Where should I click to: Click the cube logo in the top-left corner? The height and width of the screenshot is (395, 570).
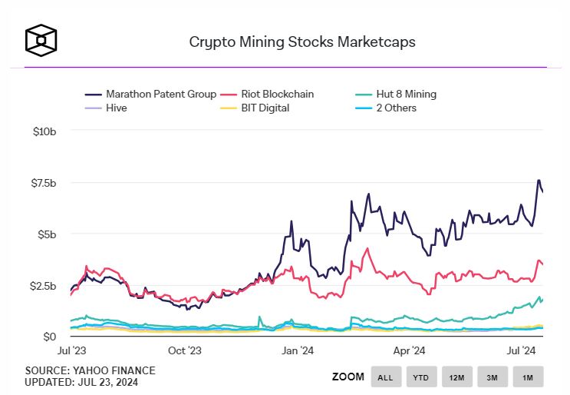tap(41, 40)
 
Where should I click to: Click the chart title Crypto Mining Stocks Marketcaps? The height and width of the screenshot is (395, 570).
tap(302, 41)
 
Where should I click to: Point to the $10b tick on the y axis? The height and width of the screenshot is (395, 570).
tap(44, 131)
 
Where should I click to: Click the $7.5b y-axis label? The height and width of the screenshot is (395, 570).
tap(43, 183)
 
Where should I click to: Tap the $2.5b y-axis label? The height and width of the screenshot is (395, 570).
tap(43, 285)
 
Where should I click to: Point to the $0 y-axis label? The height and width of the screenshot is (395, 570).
tap(49, 337)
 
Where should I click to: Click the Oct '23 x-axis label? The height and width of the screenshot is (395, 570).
tap(185, 351)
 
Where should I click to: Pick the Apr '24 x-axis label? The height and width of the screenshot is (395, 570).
tap(409, 351)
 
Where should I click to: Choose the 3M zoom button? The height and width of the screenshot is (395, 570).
tap(493, 377)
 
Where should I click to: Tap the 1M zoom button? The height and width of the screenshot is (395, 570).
tap(528, 377)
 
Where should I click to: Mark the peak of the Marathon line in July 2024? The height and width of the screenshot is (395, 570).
tap(539, 180)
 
